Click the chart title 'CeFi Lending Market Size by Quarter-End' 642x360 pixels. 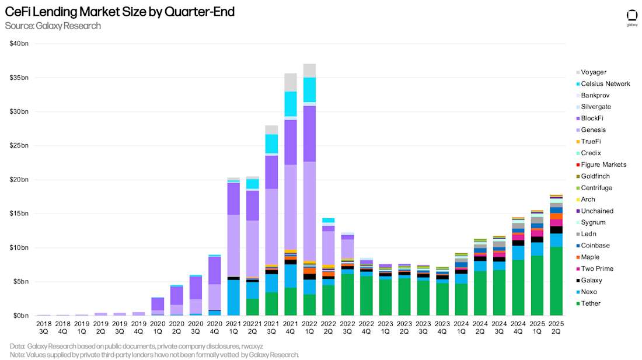coord(120,12)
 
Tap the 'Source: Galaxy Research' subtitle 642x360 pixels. coord(53,26)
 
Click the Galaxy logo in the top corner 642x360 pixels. coord(631,16)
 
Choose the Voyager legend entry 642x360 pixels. coord(593,72)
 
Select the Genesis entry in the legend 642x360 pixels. coord(593,130)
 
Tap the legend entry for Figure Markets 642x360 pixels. coord(603,165)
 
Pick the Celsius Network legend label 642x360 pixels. coord(605,84)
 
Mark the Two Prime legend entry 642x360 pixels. coord(596,269)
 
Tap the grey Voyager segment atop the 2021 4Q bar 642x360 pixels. coord(291,82)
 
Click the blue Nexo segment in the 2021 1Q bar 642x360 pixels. coord(234,298)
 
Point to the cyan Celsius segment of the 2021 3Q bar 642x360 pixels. coord(271,144)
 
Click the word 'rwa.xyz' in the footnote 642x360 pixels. coord(253,346)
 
